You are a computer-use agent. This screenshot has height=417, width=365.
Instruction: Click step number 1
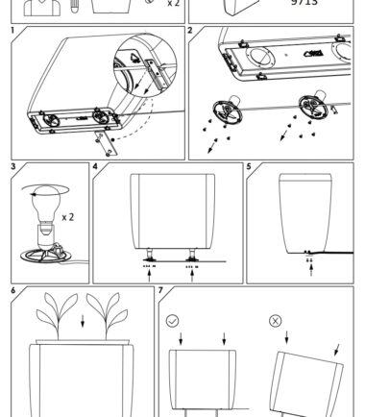click(x=12, y=31)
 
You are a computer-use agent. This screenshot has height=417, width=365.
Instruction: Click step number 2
click(x=190, y=31)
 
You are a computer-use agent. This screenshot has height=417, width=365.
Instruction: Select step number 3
click(x=13, y=167)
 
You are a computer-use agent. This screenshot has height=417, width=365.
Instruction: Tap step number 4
click(x=95, y=167)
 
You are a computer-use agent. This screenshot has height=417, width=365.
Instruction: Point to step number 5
click(x=249, y=167)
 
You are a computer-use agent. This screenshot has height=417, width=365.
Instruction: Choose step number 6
click(x=13, y=291)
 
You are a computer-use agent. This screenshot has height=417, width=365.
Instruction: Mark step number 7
click(x=160, y=291)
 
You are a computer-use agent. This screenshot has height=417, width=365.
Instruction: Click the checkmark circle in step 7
click(x=173, y=321)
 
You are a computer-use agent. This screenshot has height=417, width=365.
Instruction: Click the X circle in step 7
click(x=276, y=321)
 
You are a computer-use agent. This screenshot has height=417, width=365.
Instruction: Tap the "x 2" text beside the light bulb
click(x=68, y=217)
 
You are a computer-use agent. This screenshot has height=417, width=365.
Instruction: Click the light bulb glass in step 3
click(x=46, y=204)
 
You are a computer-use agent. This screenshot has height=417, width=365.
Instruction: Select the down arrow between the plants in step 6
click(x=83, y=321)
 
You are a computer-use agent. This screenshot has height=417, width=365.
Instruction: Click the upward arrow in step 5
click(x=311, y=269)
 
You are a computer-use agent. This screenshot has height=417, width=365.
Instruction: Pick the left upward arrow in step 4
click(x=149, y=276)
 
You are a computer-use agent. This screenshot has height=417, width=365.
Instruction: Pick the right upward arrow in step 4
click(x=192, y=276)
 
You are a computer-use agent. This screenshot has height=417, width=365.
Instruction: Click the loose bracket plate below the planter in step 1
click(x=104, y=143)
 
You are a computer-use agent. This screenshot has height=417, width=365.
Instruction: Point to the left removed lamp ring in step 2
click(x=228, y=111)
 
